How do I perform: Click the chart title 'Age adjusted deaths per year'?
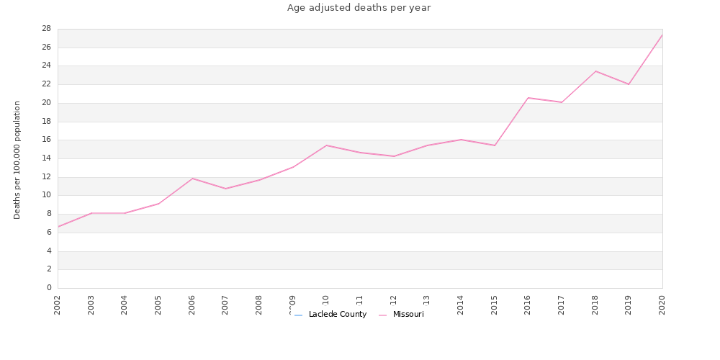359,8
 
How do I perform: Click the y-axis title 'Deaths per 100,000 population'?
17,160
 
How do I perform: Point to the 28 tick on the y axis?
46,29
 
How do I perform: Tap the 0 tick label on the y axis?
49,288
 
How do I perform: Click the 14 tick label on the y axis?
46,158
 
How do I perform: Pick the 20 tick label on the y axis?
46,103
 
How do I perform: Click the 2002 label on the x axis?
58,304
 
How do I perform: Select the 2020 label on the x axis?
662,304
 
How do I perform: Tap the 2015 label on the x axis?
495,304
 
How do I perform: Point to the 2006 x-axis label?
192,304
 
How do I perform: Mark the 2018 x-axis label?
595,304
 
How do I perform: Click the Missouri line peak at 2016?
528,98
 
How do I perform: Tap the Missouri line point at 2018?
595,71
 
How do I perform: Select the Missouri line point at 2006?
192,179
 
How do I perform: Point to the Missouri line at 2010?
326,145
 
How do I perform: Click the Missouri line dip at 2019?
629,84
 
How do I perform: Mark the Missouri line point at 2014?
461,140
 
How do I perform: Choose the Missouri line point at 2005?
158,204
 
